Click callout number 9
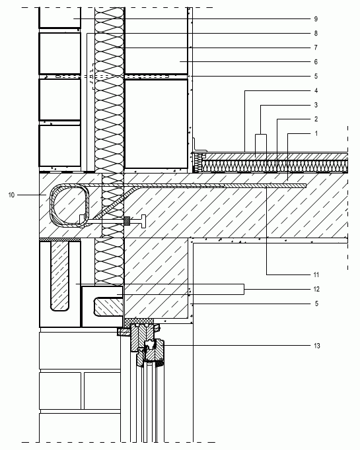tap(316, 19)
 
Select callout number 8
tap(316, 33)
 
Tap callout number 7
tap(316, 48)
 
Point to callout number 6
tap(316, 62)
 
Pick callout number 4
tap(316, 90)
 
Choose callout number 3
tap(316, 105)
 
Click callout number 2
tap(316, 119)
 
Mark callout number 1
tap(316, 133)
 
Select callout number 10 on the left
tap(11, 195)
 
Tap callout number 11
tap(316, 275)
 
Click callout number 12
tap(316, 289)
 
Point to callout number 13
tap(316, 346)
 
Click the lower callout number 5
tap(316, 304)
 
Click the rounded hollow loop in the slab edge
tap(51, 205)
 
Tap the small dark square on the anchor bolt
tap(127, 221)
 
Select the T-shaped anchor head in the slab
tap(143, 221)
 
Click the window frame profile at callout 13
tap(147, 344)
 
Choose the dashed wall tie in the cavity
tap(92, 77)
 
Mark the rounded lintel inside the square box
tap(108, 307)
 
